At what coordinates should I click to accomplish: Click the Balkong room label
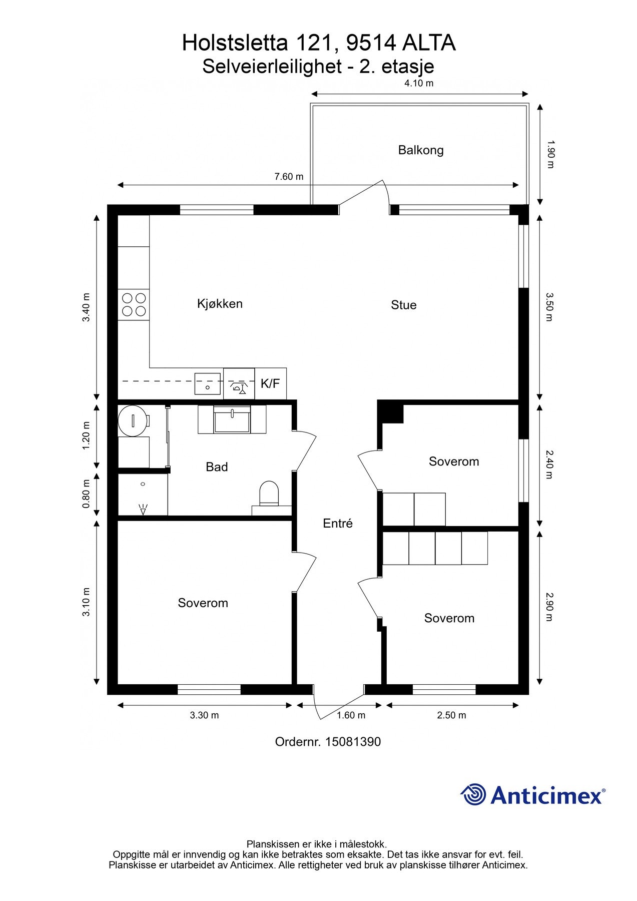[421, 150]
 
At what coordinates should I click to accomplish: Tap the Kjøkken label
[220, 303]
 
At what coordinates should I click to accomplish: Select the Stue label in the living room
[403, 305]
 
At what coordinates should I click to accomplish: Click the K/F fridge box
[271, 384]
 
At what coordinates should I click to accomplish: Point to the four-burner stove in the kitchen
[134, 305]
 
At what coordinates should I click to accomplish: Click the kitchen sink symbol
[208, 384]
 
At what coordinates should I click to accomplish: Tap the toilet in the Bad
[269, 493]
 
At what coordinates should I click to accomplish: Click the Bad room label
[217, 467]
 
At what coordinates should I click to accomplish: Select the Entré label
[338, 524]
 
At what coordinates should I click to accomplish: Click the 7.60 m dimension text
[289, 177]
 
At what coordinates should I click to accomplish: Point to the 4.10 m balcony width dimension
[419, 84]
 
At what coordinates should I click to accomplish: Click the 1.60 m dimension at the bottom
[351, 715]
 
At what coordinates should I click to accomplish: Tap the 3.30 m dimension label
[204, 715]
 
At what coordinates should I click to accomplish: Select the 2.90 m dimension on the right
[549, 607]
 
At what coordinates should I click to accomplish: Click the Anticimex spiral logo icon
[473, 794]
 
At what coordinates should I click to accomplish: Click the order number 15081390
[353, 742]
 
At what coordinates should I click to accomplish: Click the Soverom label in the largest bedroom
[203, 603]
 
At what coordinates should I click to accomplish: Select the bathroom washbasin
[232, 419]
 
